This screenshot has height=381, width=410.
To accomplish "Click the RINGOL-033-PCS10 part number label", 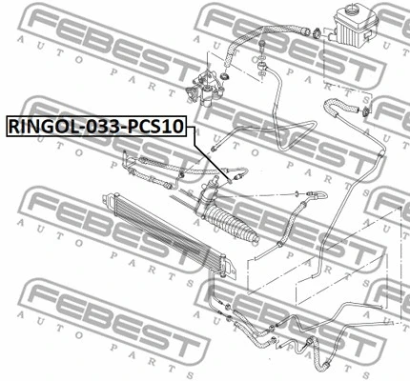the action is tap(95, 127).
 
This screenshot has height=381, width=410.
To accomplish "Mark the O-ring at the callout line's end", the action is tap(230, 181).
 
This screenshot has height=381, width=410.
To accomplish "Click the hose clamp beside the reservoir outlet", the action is tap(317, 32).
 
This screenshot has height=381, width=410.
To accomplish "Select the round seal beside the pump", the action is tap(225, 76).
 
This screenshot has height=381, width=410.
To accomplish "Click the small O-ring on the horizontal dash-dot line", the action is tap(296, 192).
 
